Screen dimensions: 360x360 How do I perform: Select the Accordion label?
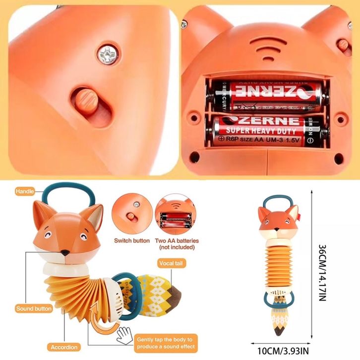click(x=63, y=347)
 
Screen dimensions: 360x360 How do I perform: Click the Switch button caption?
click(x=132, y=240)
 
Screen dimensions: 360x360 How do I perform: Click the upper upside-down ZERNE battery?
click(x=267, y=92)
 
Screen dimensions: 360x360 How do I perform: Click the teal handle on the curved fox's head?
click(x=66, y=193)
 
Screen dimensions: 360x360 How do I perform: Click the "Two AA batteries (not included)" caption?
click(x=177, y=243)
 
